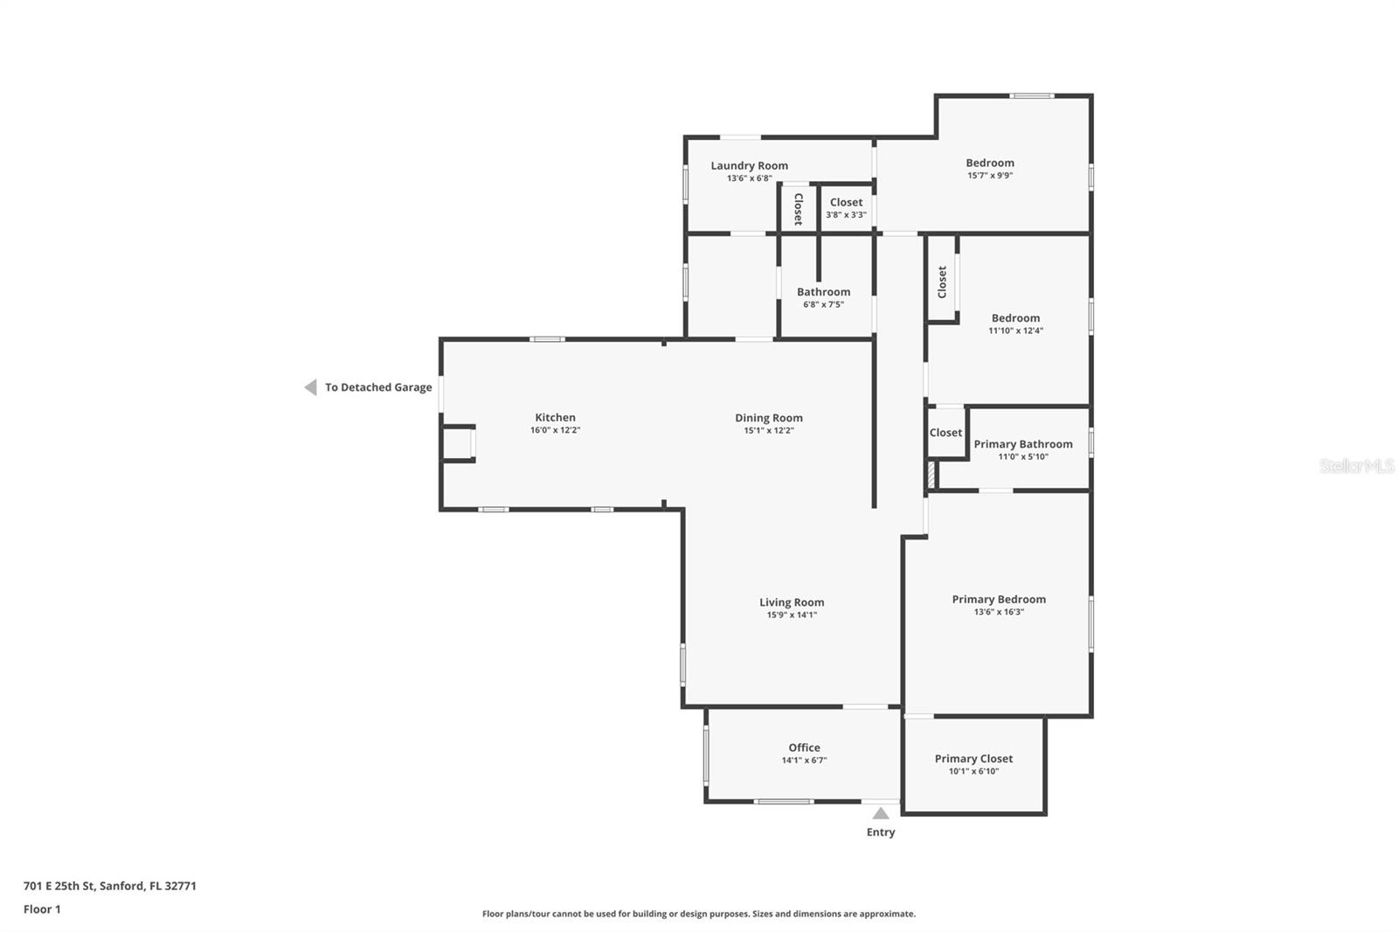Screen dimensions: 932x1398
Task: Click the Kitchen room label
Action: (x=555, y=418)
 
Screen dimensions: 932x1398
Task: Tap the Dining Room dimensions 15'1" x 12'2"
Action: (x=768, y=431)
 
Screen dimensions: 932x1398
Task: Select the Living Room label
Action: (x=791, y=602)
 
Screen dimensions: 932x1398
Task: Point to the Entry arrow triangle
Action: (x=881, y=813)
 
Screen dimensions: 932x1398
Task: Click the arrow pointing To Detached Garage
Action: (x=310, y=387)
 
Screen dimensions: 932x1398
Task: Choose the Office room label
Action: (x=804, y=748)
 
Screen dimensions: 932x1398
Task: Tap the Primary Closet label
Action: (x=973, y=759)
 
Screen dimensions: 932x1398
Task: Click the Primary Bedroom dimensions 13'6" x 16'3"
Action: (x=999, y=612)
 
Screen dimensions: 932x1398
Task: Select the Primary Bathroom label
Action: (x=1022, y=444)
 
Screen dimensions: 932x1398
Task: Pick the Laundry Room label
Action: (x=749, y=165)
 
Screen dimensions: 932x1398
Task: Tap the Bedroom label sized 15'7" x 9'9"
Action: (x=989, y=163)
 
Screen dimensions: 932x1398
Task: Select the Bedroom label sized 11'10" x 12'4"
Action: (x=1015, y=318)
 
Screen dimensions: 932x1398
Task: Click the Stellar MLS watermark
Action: (x=1356, y=466)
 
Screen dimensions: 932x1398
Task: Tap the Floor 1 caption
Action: (x=42, y=909)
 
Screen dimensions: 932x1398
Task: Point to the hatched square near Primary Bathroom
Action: (x=932, y=475)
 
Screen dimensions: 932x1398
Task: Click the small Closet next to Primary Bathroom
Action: (x=945, y=433)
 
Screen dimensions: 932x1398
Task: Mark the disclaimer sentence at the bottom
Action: (x=698, y=914)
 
